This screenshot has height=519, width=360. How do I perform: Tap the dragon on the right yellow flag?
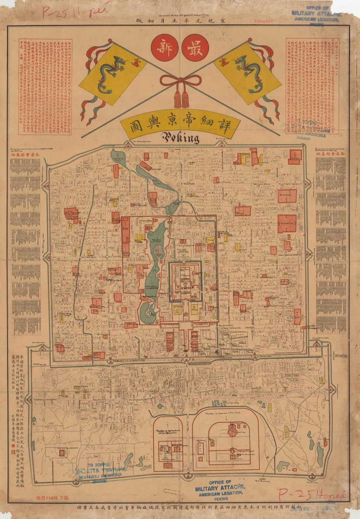point(248,68)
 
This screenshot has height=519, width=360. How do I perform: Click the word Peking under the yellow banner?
point(180,138)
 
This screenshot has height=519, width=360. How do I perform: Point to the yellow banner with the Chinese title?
point(180,126)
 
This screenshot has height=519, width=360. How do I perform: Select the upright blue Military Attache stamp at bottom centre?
point(220,489)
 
